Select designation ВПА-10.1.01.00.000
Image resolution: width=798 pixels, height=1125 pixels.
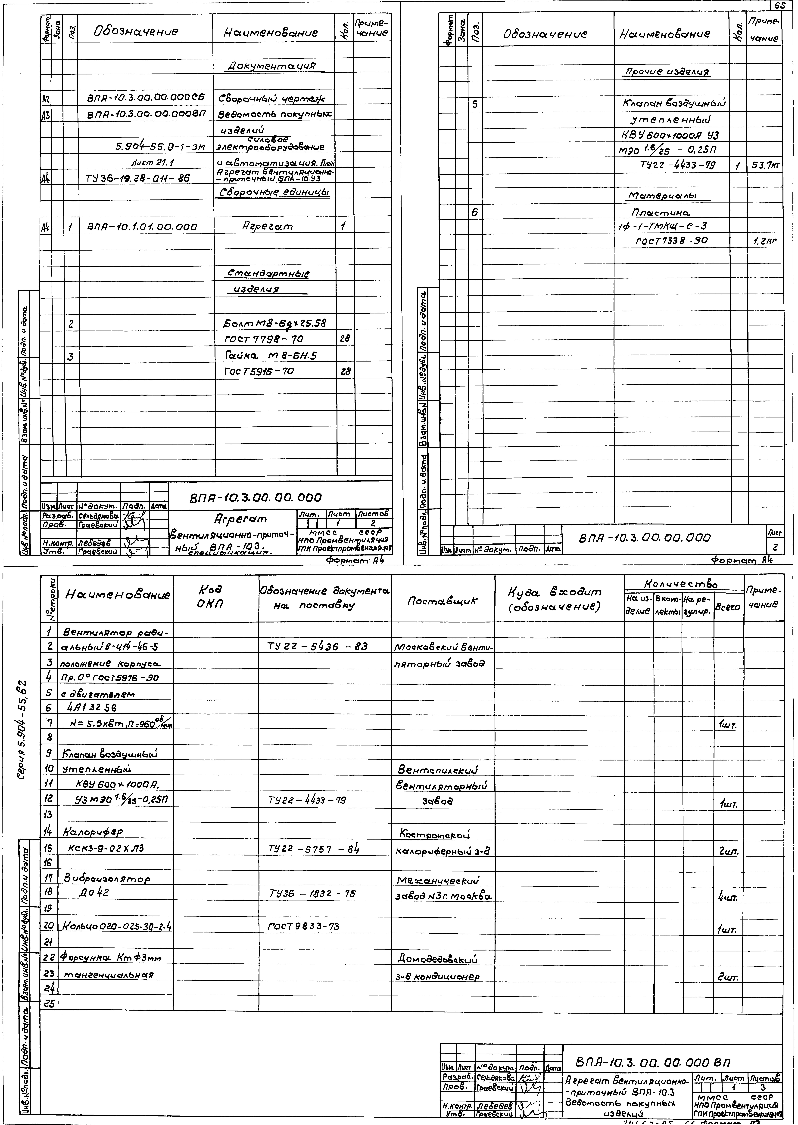143,227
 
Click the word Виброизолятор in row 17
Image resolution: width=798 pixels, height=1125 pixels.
107,879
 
